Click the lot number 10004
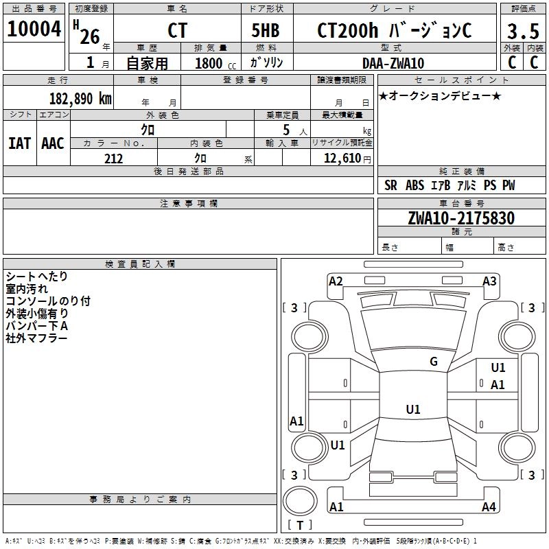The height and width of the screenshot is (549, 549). [x=34, y=29]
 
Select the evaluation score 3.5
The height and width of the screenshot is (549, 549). [x=523, y=31]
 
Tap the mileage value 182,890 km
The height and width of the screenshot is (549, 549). [x=80, y=99]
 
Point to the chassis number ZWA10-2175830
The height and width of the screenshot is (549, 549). [x=461, y=218]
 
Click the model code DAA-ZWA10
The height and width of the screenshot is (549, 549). [x=393, y=63]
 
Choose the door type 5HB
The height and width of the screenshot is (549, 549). [x=266, y=30]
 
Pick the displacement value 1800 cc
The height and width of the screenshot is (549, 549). [x=215, y=63]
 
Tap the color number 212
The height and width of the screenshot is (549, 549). [x=113, y=159]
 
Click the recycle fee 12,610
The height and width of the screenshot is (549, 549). [x=342, y=159]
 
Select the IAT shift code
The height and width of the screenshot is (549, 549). [x=20, y=143]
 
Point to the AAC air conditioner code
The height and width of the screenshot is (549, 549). [x=53, y=143]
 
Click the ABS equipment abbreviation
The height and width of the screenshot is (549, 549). [x=414, y=185]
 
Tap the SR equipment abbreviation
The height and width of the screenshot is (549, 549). [x=390, y=185]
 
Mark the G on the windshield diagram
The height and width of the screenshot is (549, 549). [x=434, y=362]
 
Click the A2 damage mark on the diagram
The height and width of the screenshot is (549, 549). [x=336, y=281]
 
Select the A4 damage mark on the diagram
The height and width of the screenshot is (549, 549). [x=489, y=506]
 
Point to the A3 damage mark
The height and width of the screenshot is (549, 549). [x=489, y=281]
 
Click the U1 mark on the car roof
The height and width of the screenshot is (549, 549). [x=413, y=409]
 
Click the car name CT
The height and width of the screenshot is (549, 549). [x=177, y=30]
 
